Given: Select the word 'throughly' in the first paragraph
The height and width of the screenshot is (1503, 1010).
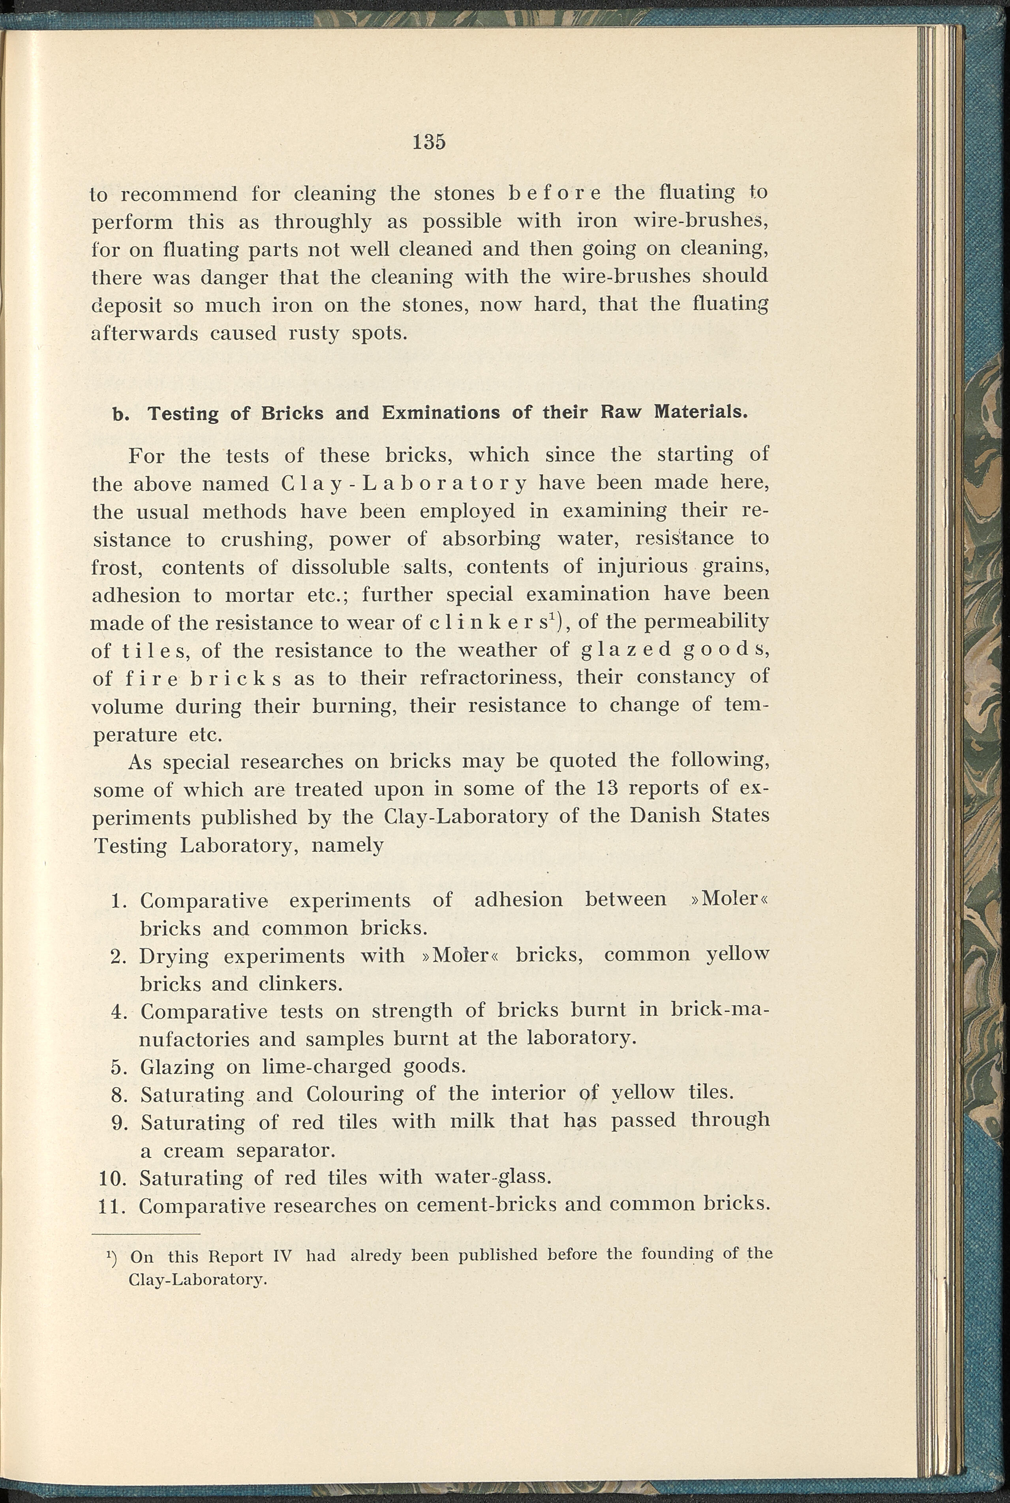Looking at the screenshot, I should [323, 222].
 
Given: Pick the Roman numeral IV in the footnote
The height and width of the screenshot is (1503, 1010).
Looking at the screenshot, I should [282, 1256].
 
